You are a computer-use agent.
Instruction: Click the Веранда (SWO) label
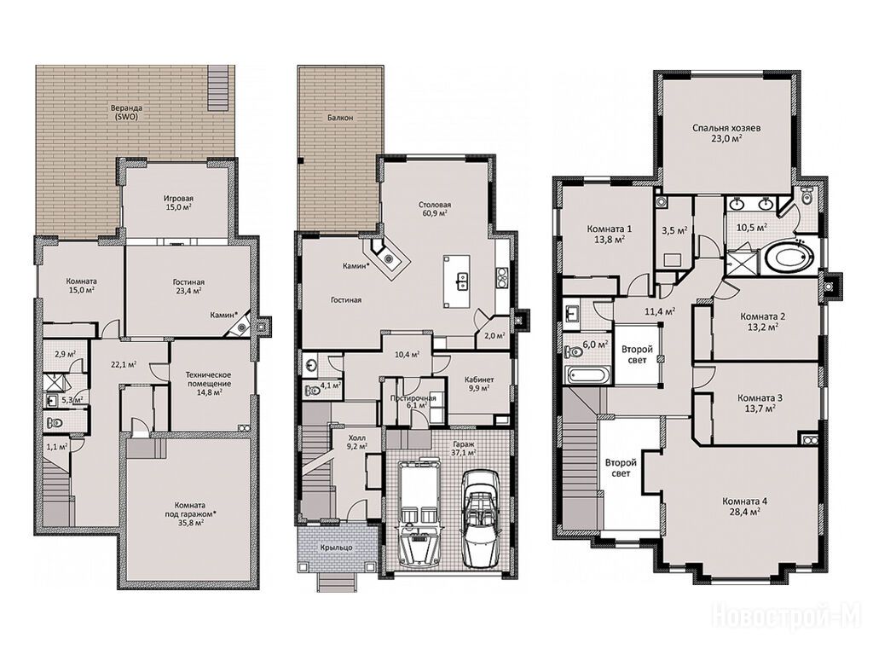[x=126, y=113]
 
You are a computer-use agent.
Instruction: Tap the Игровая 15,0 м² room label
[x=178, y=203]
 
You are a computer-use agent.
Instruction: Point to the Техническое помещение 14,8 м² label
[x=208, y=383]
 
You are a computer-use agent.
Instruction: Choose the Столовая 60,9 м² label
[x=435, y=209]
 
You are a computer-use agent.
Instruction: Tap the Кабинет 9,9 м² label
[x=479, y=384]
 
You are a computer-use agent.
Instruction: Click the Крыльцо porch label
[x=336, y=548]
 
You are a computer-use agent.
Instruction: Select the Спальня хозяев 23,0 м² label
[x=726, y=133]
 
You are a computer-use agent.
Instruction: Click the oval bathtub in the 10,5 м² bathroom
[x=789, y=258]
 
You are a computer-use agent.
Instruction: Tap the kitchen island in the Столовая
[x=457, y=281]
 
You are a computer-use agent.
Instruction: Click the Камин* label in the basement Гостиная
[x=223, y=316]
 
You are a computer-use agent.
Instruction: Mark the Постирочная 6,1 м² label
[x=413, y=403]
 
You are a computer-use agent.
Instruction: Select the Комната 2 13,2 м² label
[x=762, y=322]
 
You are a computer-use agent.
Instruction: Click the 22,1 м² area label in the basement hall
[x=123, y=365]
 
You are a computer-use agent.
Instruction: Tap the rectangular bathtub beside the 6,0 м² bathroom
[x=589, y=374]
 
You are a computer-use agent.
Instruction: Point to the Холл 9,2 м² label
[x=356, y=442]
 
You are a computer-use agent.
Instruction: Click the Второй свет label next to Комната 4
[x=621, y=468]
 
